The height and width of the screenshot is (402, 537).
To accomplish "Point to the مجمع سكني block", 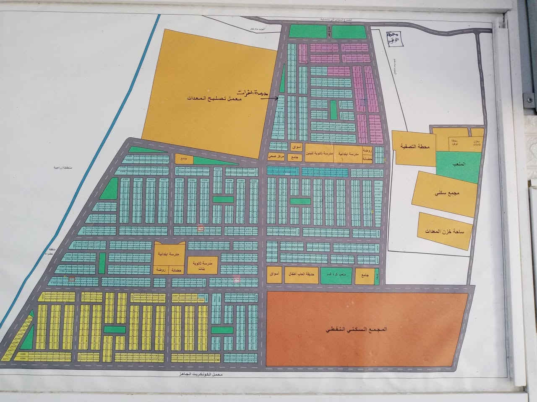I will (446, 194).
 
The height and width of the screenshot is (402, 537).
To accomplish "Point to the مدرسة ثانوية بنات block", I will (203, 265).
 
